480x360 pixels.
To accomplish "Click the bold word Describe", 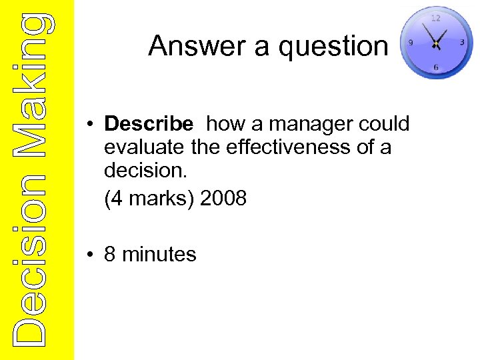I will [149, 124].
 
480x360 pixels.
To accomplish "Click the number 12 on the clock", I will [435, 18].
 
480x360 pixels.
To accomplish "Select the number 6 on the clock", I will [436, 67].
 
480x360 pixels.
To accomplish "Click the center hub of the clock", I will [435, 44].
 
